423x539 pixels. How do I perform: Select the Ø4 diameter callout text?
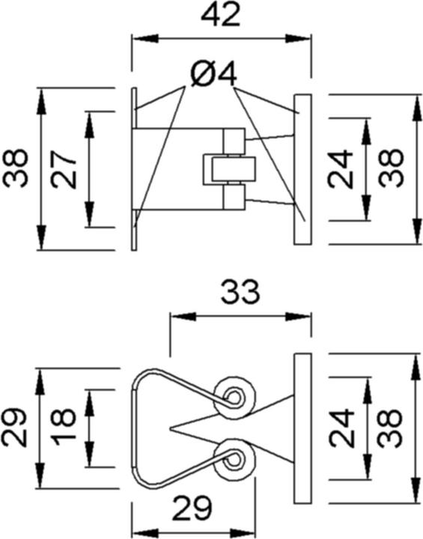tap(214, 74)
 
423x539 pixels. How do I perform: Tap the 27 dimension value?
tap(64, 170)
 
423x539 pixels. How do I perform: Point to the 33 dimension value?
tap(240, 293)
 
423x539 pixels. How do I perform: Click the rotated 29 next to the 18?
tap(14, 427)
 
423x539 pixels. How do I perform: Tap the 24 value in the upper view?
tap(341, 169)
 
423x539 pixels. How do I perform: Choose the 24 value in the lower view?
tap(341, 428)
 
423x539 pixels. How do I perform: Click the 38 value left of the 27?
tap(15, 168)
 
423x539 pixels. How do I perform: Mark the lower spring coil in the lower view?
tap(234, 459)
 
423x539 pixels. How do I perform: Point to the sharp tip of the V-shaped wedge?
tap(170, 428)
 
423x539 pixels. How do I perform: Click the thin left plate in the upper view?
tap(134, 169)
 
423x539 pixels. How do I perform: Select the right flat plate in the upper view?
tap(302, 169)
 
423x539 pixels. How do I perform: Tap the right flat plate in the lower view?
tap(302, 428)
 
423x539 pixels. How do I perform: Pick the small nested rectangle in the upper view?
tap(229, 169)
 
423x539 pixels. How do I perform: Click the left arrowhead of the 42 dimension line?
tap(145, 38)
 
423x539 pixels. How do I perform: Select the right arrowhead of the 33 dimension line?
tap(298, 317)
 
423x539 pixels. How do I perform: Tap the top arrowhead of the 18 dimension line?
tap(90, 403)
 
